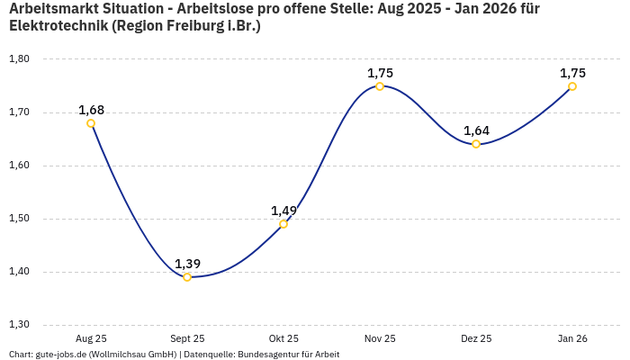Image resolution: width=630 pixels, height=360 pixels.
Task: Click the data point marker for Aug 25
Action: pyautogui.click(x=91, y=123)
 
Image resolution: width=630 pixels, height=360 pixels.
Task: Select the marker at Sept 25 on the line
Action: pyautogui.click(x=187, y=277)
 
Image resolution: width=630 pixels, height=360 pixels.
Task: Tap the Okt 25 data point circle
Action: pyautogui.click(x=283, y=224)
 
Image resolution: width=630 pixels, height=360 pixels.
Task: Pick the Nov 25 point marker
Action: pyautogui.click(x=380, y=86)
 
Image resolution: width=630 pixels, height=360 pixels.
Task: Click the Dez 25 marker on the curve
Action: pyautogui.click(x=476, y=144)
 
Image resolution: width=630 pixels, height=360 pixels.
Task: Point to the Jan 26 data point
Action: pyautogui.click(x=572, y=86)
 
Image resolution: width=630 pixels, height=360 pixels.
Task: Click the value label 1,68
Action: pyautogui.click(x=91, y=110)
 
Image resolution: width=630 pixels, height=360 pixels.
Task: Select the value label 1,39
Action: pyautogui.click(x=187, y=264)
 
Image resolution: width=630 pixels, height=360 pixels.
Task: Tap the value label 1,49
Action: pyautogui.click(x=283, y=211)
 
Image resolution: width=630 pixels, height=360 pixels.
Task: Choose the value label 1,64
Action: pyautogui.click(x=476, y=130)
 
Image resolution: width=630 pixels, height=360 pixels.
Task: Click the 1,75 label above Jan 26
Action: pyautogui.click(x=572, y=73)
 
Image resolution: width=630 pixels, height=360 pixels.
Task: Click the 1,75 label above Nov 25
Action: pyautogui.click(x=380, y=73)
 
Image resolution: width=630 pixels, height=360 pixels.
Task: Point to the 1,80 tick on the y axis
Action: pyautogui.click(x=19, y=59)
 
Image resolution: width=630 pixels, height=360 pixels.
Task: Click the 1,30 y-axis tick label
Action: pyautogui.click(x=19, y=325)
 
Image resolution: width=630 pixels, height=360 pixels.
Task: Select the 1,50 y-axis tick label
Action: pyautogui.click(x=19, y=219)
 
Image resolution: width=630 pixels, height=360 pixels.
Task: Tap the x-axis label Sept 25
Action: pyautogui.click(x=187, y=338)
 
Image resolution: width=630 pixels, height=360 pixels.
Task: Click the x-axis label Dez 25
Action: pyautogui.click(x=476, y=338)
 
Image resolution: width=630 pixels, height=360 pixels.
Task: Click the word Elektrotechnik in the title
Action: pyautogui.click(x=58, y=25)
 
